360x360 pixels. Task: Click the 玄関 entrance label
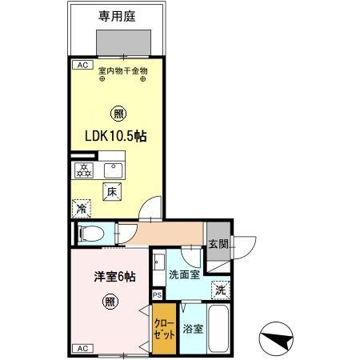[x=218, y=245]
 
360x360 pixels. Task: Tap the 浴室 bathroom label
[x=193, y=329]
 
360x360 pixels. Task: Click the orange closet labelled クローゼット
[x=164, y=330]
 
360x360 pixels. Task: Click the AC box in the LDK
[x=81, y=65]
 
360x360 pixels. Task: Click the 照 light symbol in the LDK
[x=118, y=113]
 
